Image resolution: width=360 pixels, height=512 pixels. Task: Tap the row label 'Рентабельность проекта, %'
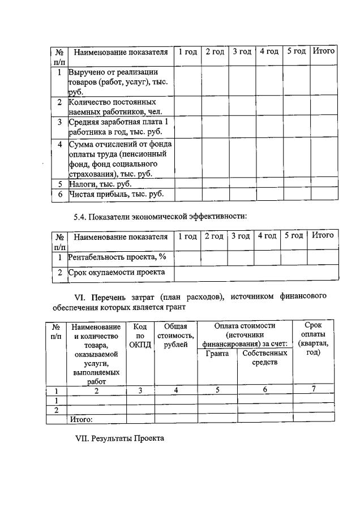(117, 257)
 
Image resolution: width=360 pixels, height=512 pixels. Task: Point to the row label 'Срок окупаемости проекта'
(116, 273)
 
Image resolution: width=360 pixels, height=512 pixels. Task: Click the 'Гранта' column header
(217, 354)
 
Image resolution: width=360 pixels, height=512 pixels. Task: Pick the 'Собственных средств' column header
(265, 358)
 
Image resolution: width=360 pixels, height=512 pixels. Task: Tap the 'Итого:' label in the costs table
(80, 419)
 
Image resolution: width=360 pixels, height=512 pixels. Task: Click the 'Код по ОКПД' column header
(140, 336)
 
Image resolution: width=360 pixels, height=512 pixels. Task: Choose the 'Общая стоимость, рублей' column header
(175, 336)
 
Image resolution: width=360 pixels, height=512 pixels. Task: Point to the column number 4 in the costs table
(175, 390)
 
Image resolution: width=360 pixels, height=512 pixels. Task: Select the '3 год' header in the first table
(242, 52)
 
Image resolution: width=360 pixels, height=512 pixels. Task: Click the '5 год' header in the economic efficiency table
(294, 236)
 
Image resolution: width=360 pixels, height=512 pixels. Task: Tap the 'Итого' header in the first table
(324, 51)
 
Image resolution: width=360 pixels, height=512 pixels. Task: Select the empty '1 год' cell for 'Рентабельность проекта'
(187, 258)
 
